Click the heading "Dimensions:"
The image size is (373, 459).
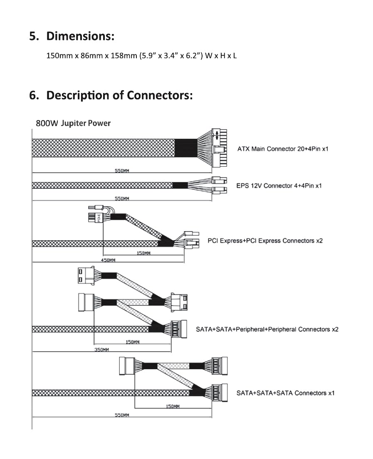tap(80, 36)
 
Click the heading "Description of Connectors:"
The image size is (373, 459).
tap(119, 95)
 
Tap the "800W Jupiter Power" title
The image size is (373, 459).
tap(73, 123)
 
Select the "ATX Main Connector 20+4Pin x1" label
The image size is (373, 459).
tap(282, 149)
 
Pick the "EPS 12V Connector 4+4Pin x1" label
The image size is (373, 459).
tap(279, 186)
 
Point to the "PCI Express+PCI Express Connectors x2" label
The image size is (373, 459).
tap(265, 241)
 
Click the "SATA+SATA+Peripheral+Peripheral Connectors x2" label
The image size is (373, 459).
tap(267, 329)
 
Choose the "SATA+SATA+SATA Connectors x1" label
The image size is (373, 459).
tap(285, 393)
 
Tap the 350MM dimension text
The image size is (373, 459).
tap(101, 350)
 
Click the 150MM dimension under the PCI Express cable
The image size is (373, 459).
tap(143, 253)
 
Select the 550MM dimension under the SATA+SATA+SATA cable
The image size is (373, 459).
tap(122, 415)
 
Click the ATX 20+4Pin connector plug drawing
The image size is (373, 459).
tap(219, 148)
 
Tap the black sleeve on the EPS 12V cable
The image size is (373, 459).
tap(180, 185)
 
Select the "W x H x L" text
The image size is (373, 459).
tap(221, 55)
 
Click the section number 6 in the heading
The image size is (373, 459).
tap(33, 95)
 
